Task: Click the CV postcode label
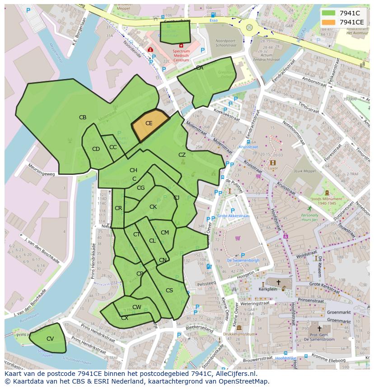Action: pos(50,339)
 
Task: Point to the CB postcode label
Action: pos(83,117)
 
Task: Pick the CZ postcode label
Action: pos(182,155)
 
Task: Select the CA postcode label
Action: pos(200,68)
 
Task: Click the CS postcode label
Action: pos(169,291)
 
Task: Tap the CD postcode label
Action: pos(96,149)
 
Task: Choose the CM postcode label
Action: pos(165,233)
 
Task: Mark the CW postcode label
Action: pos(137,307)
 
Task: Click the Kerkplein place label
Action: pos(267,289)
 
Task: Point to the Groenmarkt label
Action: pos(339,312)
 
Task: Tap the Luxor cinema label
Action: pos(273,168)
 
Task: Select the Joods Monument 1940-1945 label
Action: pos(327,201)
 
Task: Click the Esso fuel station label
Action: pos(213,20)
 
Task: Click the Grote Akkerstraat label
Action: pos(233,216)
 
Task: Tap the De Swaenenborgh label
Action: pos(243,260)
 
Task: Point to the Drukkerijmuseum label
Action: pos(239,334)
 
